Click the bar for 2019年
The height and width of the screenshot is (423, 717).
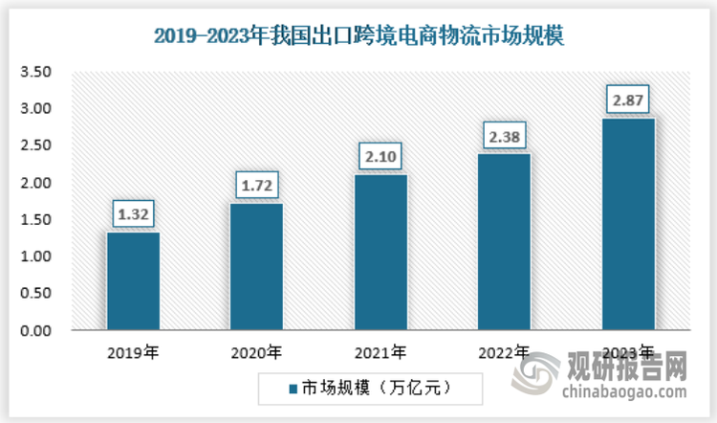pos(133,281)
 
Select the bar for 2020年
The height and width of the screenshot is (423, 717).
pos(256,267)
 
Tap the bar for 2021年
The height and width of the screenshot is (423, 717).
pos(380,253)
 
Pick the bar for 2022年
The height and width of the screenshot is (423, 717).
pos(504,242)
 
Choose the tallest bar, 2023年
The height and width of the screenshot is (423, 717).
pos(627,224)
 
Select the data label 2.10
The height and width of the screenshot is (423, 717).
pos(380,155)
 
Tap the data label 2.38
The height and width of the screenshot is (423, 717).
pos(504,135)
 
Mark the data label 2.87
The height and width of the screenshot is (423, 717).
pos(627,99)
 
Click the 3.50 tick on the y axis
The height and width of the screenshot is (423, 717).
pos(36,72)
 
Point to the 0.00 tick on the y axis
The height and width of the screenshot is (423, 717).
pos(36,331)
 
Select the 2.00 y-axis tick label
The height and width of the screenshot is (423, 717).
pos(36,183)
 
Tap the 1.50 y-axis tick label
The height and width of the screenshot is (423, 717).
pos(36,220)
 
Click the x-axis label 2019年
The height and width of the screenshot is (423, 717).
pos(134,351)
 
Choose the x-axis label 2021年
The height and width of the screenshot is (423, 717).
pos(380,351)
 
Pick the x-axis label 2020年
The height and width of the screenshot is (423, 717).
pos(256,351)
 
